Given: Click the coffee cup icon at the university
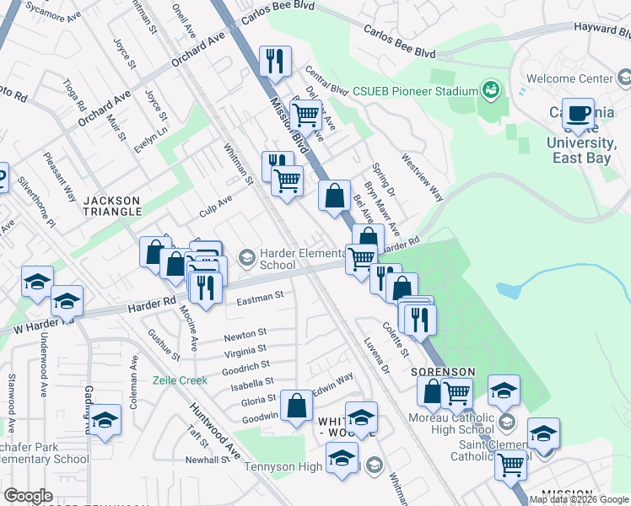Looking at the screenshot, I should pos(578,114).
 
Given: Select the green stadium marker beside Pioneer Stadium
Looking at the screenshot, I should pos(489,89).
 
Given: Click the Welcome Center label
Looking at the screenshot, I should pos(569,78).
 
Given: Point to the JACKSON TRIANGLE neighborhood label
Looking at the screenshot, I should pos(111,205).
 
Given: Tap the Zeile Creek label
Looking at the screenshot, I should pos(180,380).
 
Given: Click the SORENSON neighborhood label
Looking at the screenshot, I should pos(443,371).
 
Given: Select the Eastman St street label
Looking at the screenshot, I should pos(260,298).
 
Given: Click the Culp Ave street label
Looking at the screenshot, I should pos(215,204).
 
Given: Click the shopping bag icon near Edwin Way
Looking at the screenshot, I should pos(296,406).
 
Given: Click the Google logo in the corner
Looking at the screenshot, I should pos(28,496).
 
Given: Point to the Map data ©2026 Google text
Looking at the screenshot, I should pos(579,499).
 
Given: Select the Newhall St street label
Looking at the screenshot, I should pos(208,460).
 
